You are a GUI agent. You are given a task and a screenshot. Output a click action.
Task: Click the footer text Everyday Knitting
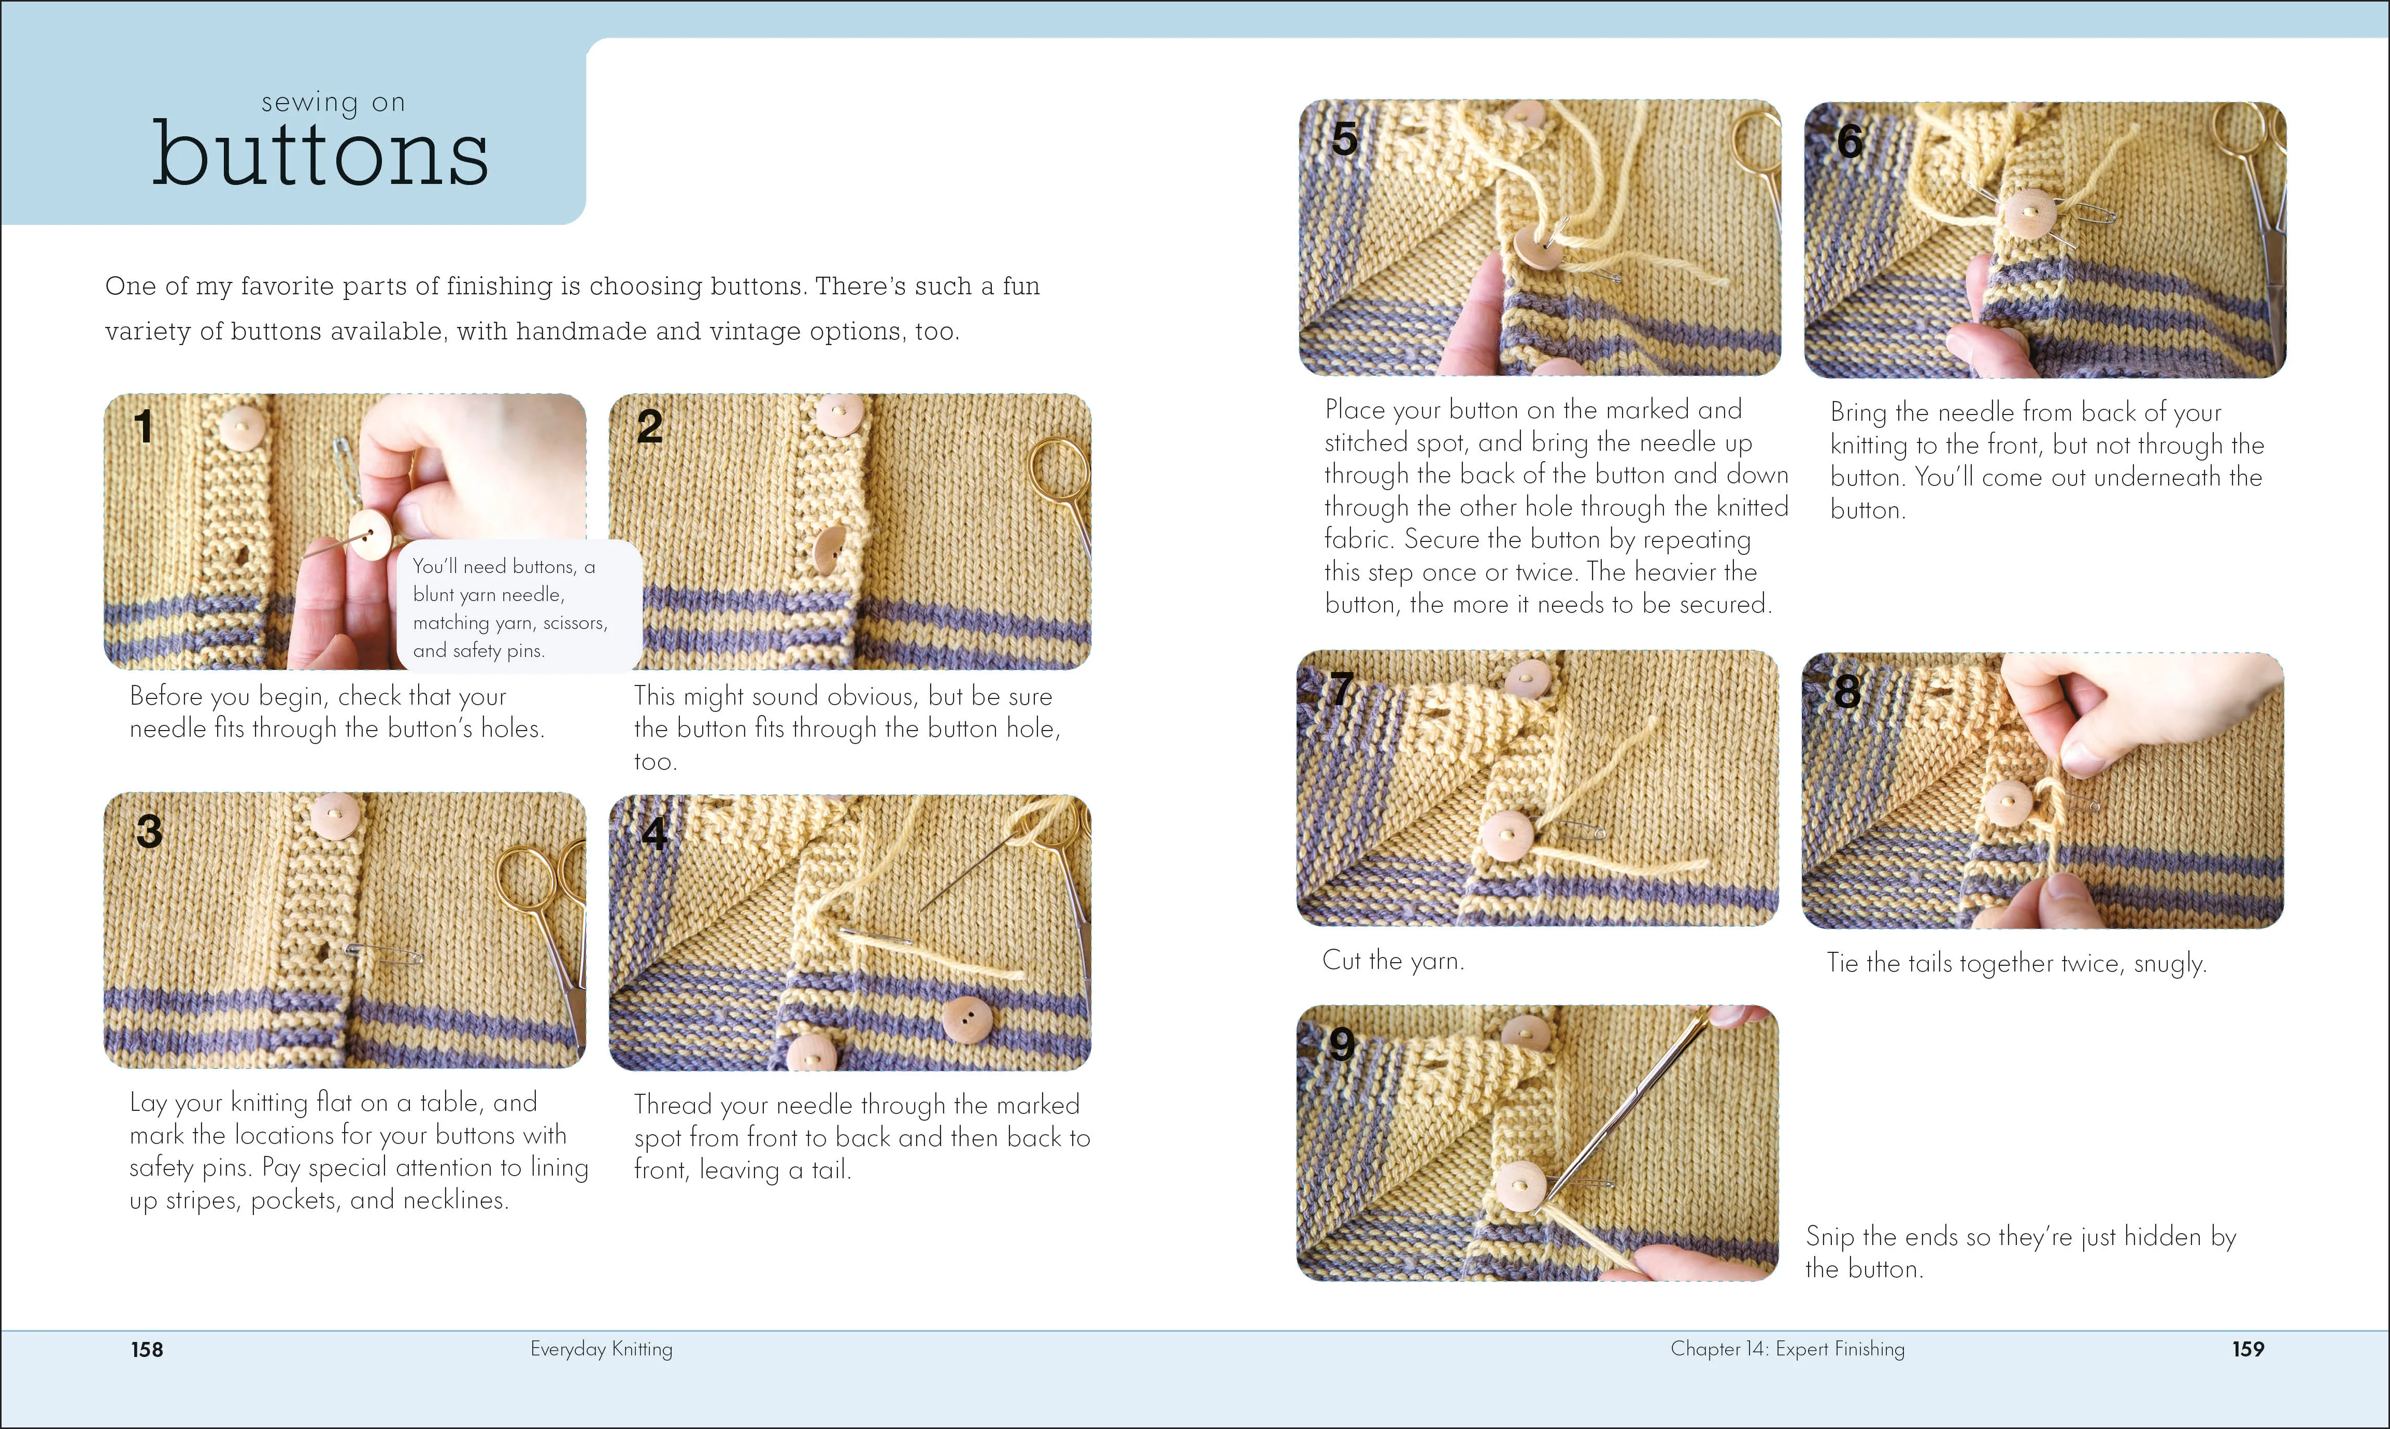click(x=601, y=1348)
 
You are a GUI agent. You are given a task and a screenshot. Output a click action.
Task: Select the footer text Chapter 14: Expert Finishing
click(x=1787, y=1348)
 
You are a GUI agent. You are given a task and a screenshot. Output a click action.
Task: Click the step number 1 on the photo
click(x=144, y=426)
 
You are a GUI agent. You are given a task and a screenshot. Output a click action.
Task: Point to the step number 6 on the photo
click(x=1849, y=141)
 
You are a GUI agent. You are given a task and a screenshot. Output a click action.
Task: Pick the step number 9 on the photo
click(x=1341, y=1044)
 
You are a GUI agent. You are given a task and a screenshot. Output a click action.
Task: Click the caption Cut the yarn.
click(x=1392, y=960)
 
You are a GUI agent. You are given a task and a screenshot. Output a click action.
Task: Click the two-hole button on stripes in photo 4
click(x=967, y=1019)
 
